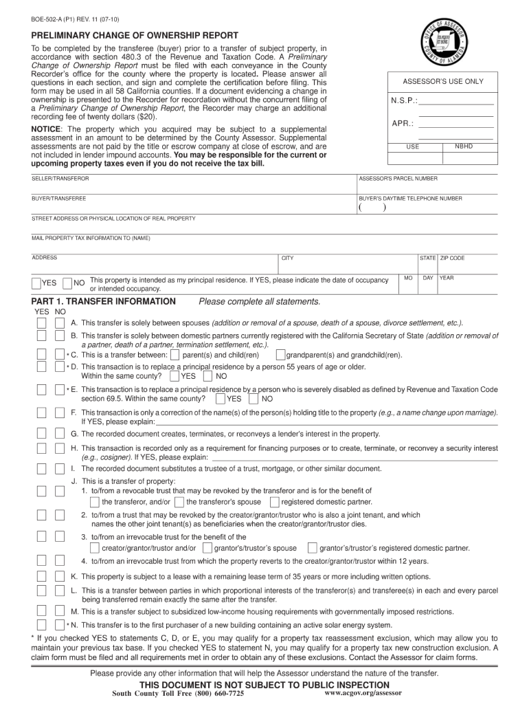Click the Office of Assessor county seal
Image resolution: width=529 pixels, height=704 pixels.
coord(444,43)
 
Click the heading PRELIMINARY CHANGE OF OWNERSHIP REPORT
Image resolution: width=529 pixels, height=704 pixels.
coord(135,35)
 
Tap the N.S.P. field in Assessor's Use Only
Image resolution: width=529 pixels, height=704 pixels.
coord(455,101)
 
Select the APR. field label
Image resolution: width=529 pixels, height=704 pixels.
coord(403,124)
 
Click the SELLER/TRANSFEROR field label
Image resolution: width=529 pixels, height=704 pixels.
coord(60,178)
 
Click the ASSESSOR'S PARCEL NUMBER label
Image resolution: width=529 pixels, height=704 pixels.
coord(398,178)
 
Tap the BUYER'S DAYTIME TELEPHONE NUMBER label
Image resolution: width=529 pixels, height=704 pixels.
coord(410,198)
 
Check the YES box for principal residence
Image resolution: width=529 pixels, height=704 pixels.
coord(36,283)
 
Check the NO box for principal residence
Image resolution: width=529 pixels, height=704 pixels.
coord(67,283)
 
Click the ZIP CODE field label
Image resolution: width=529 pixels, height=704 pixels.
coord(453,258)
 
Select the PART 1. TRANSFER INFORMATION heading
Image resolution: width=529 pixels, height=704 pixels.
coord(104,301)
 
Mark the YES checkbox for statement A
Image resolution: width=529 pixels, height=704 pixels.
coord(41,323)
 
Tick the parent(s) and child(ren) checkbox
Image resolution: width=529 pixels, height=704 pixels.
coord(175,355)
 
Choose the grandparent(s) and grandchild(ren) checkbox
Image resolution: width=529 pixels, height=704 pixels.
coord(280,355)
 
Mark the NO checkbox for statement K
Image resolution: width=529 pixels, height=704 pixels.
coord(60,576)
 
